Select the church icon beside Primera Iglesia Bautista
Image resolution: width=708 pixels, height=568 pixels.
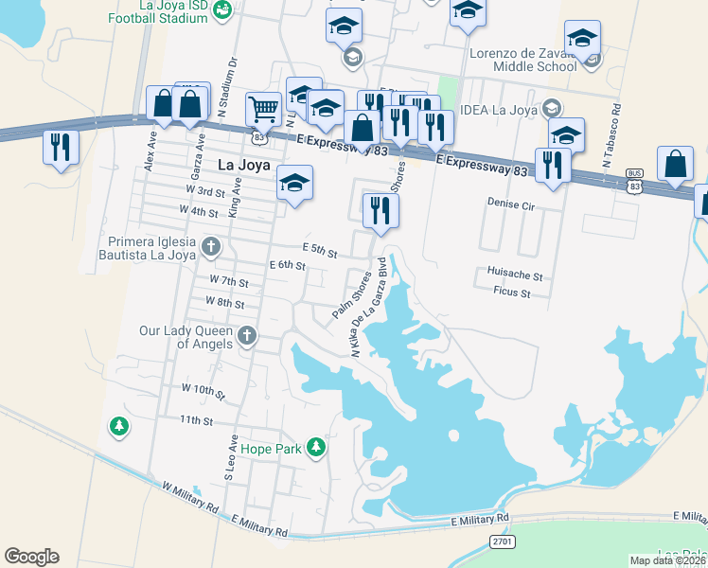pyautogui.click(x=211, y=248)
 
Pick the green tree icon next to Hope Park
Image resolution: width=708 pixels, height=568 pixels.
pyautogui.click(x=317, y=448)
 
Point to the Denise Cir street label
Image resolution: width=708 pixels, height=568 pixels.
pyautogui.click(x=512, y=203)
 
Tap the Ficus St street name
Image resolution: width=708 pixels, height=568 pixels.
pyautogui.click(x=511, y=294)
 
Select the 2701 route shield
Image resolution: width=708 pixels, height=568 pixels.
pyautogui.click(x=504, y=541)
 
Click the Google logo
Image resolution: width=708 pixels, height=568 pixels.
pyautogui.click(x=31, y=557)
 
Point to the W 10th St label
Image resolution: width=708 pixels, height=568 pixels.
pyautogui.click(x=204, y=390)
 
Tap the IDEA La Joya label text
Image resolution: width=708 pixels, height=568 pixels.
pyautogui.click(x=497, y=110)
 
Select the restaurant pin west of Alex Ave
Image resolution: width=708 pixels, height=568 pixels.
pyautogui.click(x=60, y=148)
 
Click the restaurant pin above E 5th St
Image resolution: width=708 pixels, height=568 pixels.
pyautogui.click(x=381, y=210)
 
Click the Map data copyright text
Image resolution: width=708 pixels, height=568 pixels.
pyautogui.click(x=668, y=560)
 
